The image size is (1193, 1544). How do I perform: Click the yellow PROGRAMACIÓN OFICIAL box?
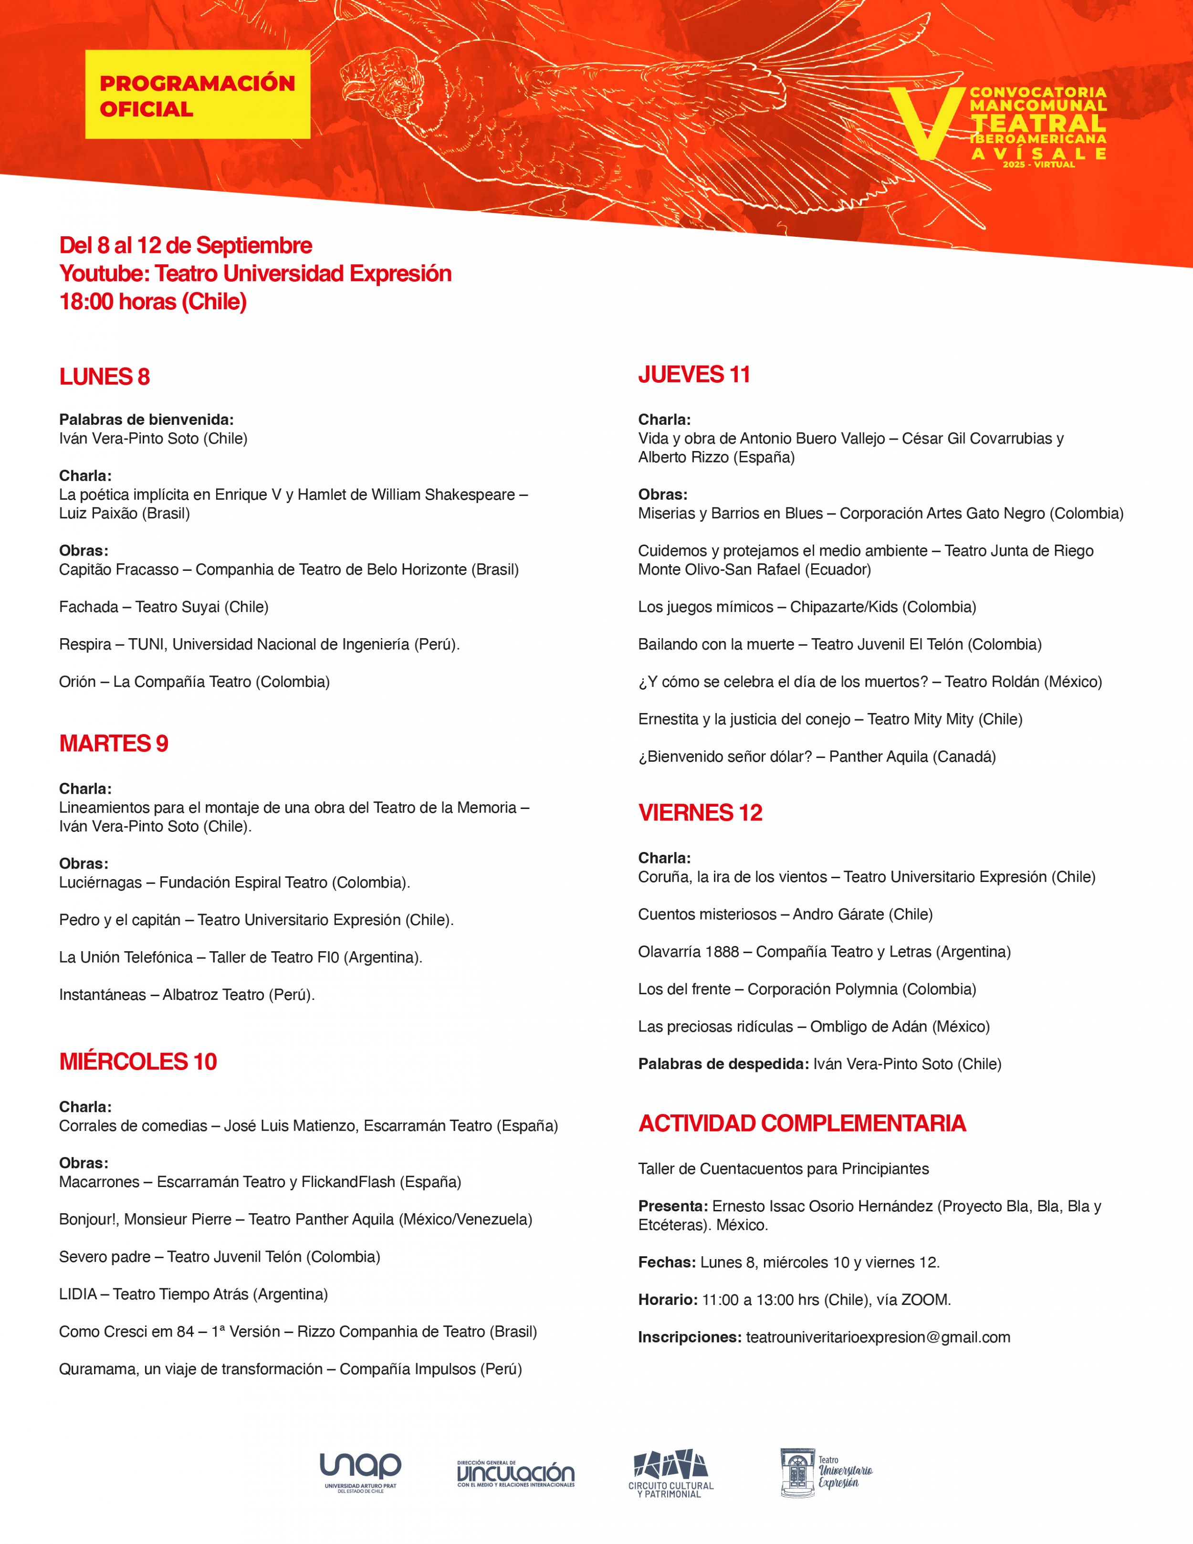(x=197, y=95)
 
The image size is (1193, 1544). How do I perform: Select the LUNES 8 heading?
(x=105, y=377)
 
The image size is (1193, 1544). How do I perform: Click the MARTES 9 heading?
(x=114, y=743)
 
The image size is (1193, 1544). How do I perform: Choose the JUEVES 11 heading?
(x=694, y=374)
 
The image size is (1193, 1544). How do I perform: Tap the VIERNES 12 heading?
(x=700, y=812)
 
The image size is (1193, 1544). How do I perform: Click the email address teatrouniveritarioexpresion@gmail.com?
(x=878, y=1337)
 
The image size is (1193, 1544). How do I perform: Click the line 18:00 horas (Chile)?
(x=153, y=301)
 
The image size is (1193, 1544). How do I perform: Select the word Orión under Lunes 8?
(x=77, y=682)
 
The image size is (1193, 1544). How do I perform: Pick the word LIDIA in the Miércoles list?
(x=78, y=1294)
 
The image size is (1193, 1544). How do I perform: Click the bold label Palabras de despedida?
(x=723, y=1063)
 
